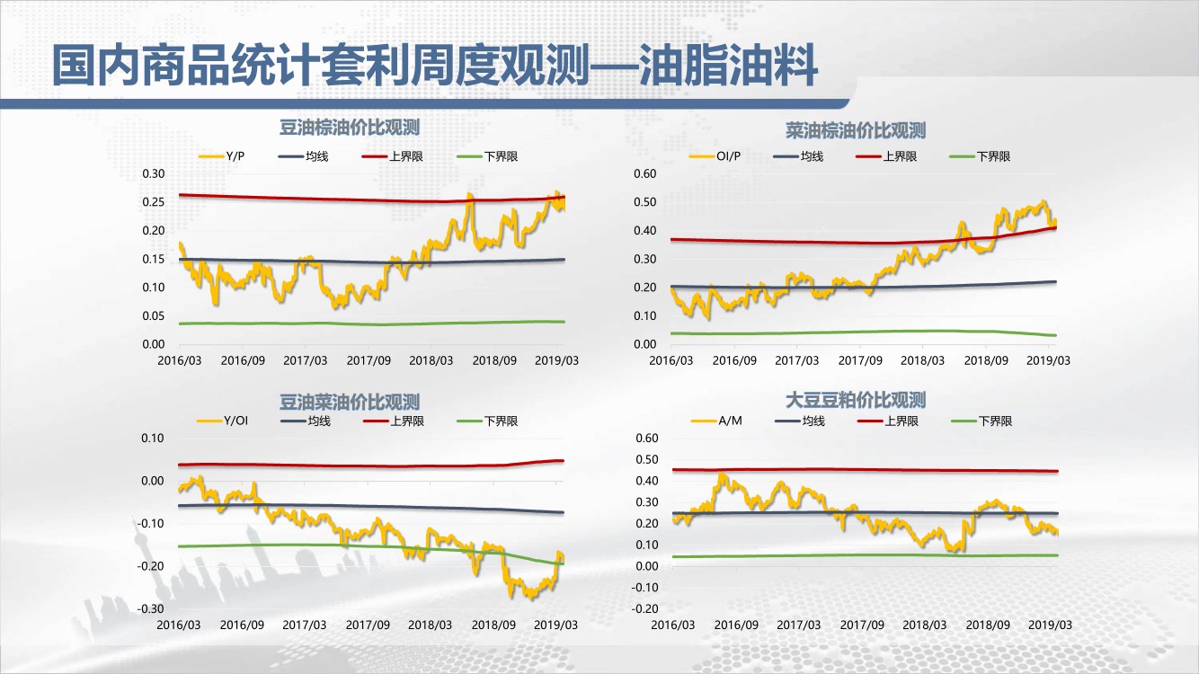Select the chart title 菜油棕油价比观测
tap(855, 131)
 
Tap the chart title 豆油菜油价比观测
tap(350, 402)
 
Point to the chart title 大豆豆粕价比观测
tap(855, 400)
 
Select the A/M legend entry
tap(730, 421)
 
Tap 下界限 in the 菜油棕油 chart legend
tap(993, 156)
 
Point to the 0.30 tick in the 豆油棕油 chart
tap(154, 173)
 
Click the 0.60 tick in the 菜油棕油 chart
tap(646, 173)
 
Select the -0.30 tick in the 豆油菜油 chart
tap(151, 608)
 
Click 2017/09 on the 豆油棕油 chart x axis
tap(369, 361)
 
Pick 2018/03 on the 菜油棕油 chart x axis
tap(923, 361)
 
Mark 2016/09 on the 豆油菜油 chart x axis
tap(242, 625)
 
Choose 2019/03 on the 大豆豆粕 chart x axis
tap(1049, 625)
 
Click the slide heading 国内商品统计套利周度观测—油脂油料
tap(434, 67)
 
